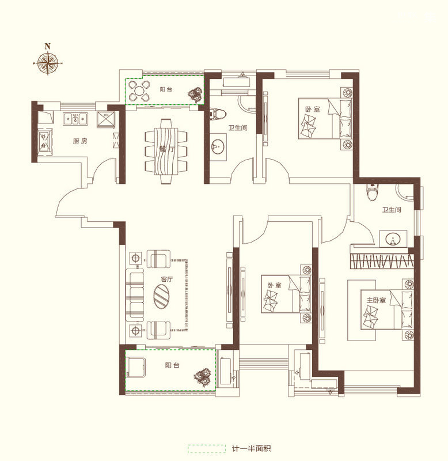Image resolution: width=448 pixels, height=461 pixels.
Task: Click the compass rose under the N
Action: click(x=48, y=63)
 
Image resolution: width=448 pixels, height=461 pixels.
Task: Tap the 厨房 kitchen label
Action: click(x=80, y=141)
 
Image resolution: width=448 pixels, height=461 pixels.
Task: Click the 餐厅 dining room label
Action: click(x=166, y=149)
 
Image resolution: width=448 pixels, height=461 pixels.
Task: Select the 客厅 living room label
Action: click(x=166, y=279)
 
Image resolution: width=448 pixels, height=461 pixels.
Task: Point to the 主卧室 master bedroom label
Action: click(x=376, y=300)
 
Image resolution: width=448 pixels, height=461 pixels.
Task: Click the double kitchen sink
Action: click(x=75, y=119)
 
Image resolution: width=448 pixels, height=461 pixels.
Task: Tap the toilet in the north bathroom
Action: click(x=218, y=114)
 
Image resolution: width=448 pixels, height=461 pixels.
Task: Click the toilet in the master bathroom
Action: click(x=372, y=192)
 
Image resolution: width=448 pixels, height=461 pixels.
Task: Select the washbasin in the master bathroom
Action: click(x=393, y=239)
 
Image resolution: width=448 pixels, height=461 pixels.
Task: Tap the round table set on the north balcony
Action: click(x=138, y=90)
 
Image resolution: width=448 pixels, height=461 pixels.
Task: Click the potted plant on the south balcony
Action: click(x=202, y=377)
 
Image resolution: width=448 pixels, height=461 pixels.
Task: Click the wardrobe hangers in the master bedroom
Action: click(x=382, y=261)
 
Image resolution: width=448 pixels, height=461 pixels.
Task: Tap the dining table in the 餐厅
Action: click(x=166, y=151)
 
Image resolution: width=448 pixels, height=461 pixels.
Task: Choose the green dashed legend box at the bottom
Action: click(x=207, y=449)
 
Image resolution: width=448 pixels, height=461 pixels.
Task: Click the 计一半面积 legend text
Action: click(x=252, y=449)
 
